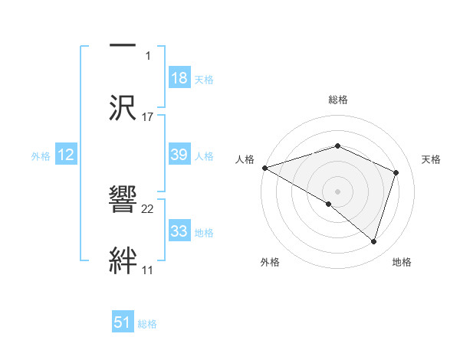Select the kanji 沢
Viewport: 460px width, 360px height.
click(x=123, y=107)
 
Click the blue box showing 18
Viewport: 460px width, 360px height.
click(x=179, y=78)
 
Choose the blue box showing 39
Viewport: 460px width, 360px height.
click(x=179, y=155)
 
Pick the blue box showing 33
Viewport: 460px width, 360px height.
click(x=179, y=231)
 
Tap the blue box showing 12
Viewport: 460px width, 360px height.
click(x=66, y=155)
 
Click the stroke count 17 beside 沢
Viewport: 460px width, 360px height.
click(x=148, y=117)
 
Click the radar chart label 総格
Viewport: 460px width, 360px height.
click(x=338, y=100)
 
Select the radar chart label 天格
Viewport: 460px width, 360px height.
click(x=432, y=159)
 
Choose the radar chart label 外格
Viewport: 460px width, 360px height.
click(x=270, y=262)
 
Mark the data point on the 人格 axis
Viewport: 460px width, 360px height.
click(x=264, y=168)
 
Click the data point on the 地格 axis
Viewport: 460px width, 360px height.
click(x=374, y=241)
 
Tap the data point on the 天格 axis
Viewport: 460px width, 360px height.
click(x=396, y=172)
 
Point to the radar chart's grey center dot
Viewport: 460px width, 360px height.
click(x=338, y=191)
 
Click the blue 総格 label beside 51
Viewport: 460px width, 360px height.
click(x=147, y=324)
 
